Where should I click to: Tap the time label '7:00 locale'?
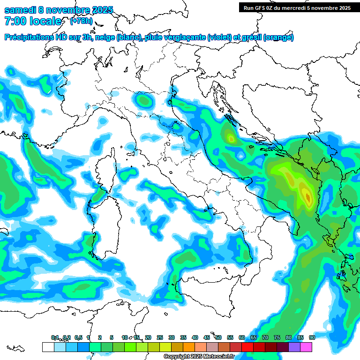(33, 21)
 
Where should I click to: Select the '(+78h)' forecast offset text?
(81, 21)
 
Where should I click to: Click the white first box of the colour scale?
(48, 347)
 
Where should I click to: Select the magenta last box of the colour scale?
(306, 347)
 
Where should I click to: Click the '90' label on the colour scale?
(312, 337)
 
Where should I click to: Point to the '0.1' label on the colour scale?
(55, 337)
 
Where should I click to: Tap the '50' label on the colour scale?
(218, 337)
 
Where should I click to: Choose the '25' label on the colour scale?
(160, 337)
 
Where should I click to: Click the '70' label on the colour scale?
(265, 337)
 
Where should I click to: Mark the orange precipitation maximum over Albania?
(307, 196)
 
